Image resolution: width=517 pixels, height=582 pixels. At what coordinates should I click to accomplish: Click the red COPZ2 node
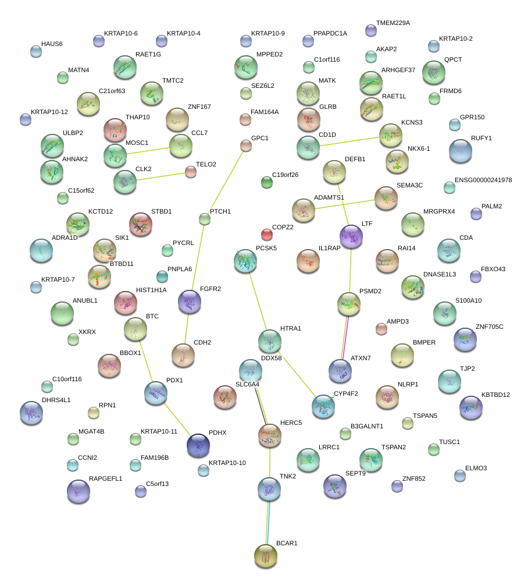[267, 235]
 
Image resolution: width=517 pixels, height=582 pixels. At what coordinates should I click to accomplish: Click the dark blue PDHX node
[198, 445]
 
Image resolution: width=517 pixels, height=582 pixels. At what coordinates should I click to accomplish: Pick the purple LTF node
[351, 236]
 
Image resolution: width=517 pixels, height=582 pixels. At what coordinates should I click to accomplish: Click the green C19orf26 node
[267, 183]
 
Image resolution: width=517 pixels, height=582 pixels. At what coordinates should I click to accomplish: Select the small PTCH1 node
[204, 219]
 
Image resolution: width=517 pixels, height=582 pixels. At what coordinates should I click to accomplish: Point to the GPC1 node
[246, 145]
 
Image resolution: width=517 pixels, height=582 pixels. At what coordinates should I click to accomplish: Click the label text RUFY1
[482, 139]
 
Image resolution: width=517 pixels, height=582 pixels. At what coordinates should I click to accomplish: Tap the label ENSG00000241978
[483, 180]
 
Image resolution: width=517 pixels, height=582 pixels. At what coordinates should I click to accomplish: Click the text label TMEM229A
[393, 23]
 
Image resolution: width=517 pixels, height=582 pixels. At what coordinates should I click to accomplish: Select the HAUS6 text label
[52, 44]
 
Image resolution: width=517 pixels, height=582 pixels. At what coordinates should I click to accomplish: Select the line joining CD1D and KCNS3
[350, 141]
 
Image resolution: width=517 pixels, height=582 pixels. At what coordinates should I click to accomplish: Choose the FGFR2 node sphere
[190, 302]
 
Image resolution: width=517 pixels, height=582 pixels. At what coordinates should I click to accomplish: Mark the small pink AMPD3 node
[381, 329]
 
